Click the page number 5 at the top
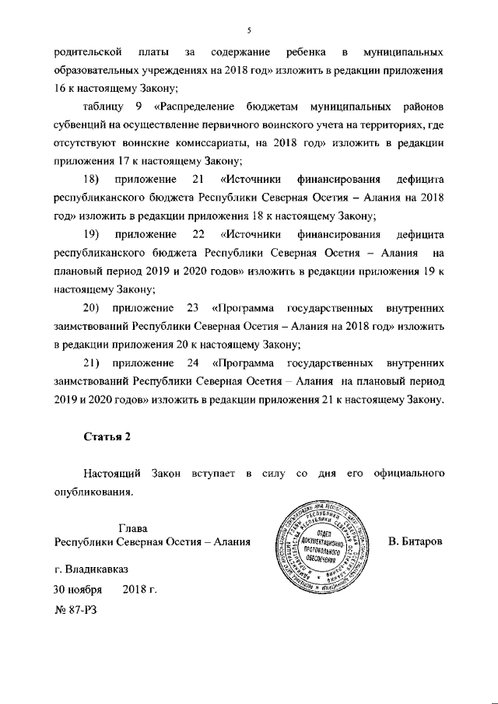point(248,30)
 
